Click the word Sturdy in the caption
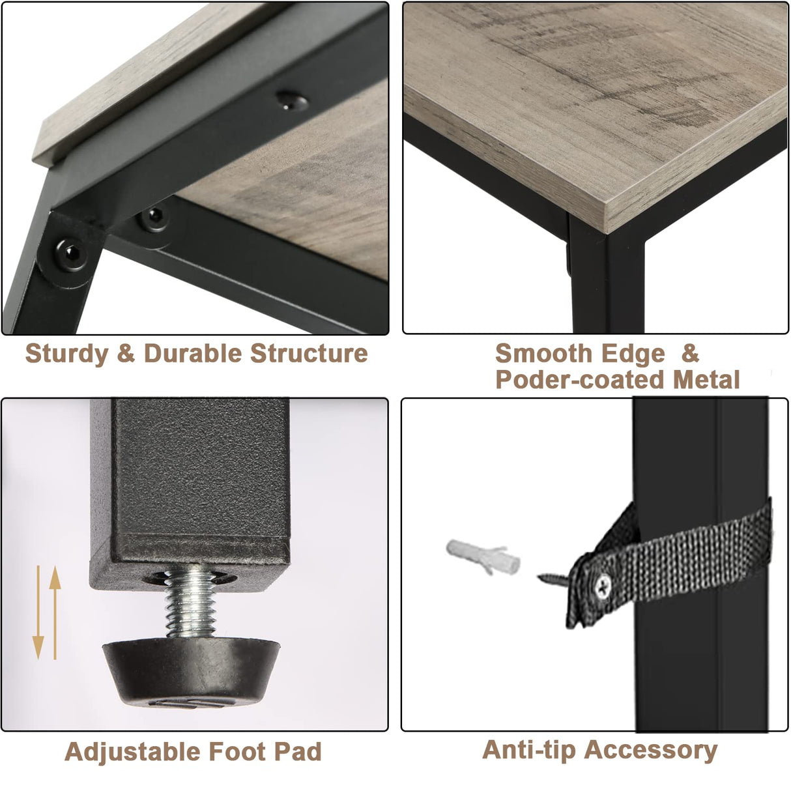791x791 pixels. [66, 353]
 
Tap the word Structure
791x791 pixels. [309, 353]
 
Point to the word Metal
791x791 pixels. [706, 380]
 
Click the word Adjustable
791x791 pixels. [132, 752]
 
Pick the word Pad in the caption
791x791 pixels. [298, 752]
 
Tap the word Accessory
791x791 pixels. [650, 751]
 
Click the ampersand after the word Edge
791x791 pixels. [690, 353]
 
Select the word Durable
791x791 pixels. [192, 353]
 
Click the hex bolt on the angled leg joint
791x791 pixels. [72, 253]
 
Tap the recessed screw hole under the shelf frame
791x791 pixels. [292, 100]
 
